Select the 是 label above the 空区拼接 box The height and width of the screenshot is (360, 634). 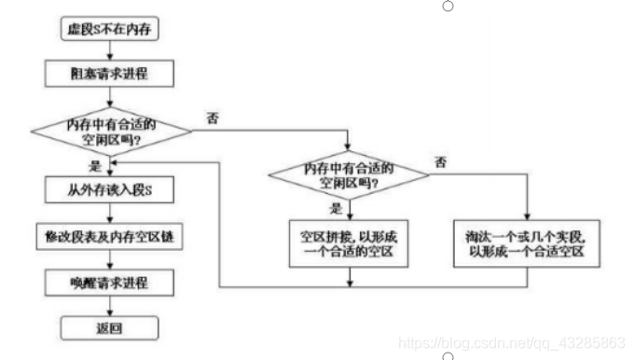(337, 206)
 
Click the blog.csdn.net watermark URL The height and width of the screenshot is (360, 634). (512, 342)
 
